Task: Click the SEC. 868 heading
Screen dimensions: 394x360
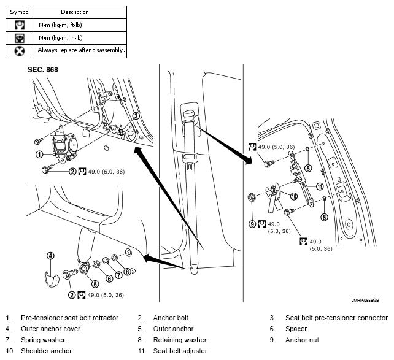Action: [x=43, y=69]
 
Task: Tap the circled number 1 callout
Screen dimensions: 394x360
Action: [x=39, y=154]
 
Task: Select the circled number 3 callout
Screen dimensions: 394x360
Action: [x=136, y=116]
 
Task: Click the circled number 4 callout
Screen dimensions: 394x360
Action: [x=50, y=256]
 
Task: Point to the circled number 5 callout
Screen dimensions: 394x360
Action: [x=95, y=284]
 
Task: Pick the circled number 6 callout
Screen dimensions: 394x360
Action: [x=109, y=278]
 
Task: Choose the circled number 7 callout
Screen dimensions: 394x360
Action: [x=118, y=275]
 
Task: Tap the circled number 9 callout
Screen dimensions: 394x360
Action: [x=252, y=224]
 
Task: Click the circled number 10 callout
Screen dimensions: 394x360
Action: [x=293, y=196]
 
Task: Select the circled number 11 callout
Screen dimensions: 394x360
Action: [x=320, y=186]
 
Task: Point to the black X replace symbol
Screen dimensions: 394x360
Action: [x=20, y=52]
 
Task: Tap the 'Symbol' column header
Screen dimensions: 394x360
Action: [x=20, y=12]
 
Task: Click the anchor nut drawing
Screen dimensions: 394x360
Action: [x=252, y=197]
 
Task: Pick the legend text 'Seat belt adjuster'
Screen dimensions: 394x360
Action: [x=180, y=351]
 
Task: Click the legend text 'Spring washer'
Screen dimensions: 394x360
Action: [x=43, y=340]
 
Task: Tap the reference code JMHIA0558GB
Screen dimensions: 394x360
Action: [x=365, y=300]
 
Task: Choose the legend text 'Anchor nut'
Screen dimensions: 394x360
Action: [x=302, y=340]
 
